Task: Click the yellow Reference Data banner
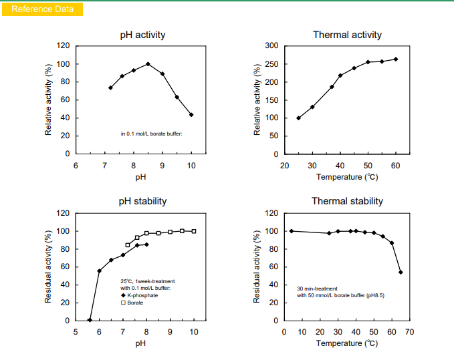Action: coord(42,9)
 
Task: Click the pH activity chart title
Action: coord(142,35)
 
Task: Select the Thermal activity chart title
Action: coord(347,35)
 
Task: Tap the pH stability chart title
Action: coord(142,201)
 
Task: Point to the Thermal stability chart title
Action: coord(347,201)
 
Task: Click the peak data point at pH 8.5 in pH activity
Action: coord(148,64)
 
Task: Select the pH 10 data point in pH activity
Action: coord(191,115)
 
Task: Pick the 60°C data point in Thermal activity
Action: coord(396,59)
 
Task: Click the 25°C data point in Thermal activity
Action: coord(298,118)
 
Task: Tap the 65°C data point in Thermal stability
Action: coord(401,273)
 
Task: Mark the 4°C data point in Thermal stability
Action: coord(292,231)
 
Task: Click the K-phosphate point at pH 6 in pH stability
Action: coord(100,271)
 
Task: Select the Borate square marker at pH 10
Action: coord(194,231)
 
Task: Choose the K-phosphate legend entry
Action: coord(139,295)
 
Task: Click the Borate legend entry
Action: coord(132,303)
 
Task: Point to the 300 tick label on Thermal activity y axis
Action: coord(271,45)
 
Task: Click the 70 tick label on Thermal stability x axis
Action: coord(410,332)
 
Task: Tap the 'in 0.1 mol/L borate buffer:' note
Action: coord(151,134)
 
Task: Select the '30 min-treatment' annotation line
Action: coord(317,289)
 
